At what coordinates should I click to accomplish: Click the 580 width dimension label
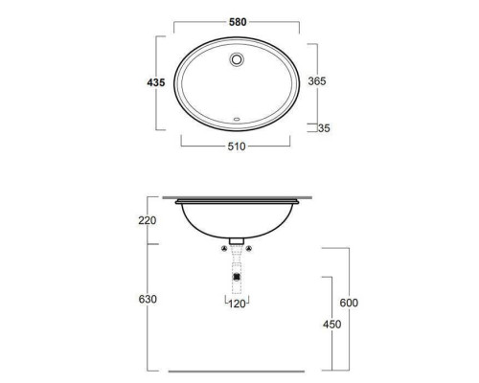238,22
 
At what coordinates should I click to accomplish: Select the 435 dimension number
156,82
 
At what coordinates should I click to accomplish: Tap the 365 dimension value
317,81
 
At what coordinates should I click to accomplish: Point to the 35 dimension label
324,128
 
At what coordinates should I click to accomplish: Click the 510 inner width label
237,146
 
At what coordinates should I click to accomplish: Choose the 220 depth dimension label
148,220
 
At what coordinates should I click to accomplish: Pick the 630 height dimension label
148,299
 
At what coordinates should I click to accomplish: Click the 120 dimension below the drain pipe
237,304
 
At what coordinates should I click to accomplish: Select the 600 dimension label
349,303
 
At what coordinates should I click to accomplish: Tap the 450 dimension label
332,325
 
